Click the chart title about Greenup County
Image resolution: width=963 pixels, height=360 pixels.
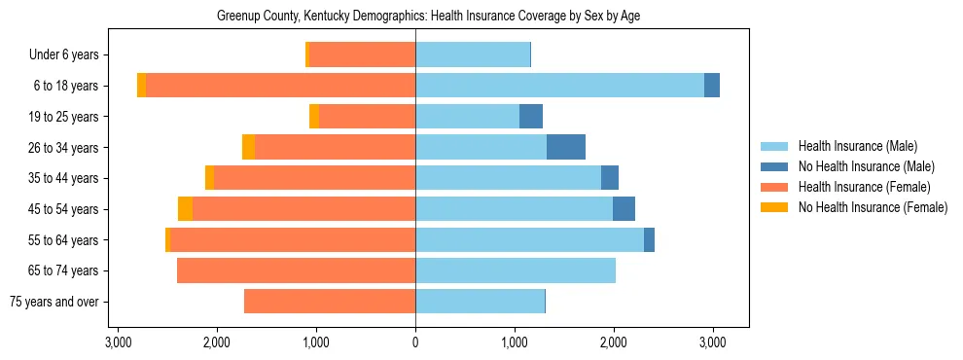[428, 17]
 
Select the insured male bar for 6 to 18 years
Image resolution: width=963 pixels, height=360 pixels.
[559, 86]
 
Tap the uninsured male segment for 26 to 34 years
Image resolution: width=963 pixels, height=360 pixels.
[566, 147]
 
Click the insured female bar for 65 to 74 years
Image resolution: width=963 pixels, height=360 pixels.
[296, 270]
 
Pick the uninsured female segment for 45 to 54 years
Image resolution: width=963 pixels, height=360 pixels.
[185, 209]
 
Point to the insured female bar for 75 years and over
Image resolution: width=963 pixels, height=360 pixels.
[330, 302]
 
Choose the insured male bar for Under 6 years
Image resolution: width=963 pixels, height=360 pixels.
[473, 54]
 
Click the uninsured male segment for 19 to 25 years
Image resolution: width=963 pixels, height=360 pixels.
[531, 117]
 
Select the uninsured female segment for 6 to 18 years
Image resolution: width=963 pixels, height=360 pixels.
[142, 86]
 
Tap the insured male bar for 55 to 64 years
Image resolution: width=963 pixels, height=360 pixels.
[529, 239]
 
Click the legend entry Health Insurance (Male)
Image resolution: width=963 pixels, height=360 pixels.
[857, 146]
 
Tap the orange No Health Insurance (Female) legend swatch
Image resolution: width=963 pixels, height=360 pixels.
[774, 207]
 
